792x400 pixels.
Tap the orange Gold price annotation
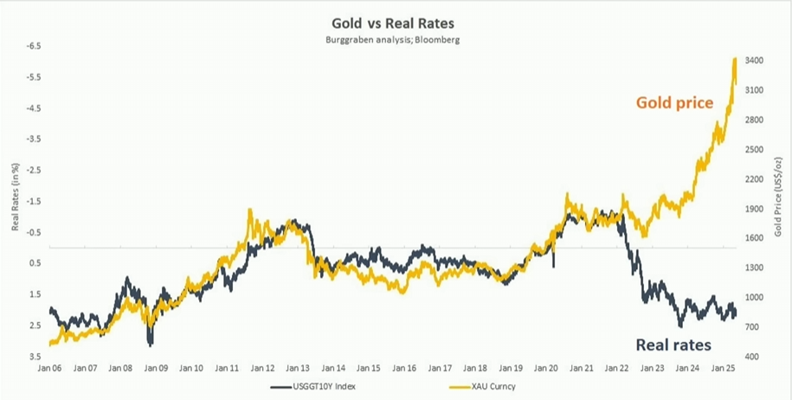tap(674, 103)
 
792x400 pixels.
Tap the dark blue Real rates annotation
tap(673, 345)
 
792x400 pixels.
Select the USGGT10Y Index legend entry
tap(319, 385)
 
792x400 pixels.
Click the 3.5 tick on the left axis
tap(33, 356)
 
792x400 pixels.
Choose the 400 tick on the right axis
tap(752, 356)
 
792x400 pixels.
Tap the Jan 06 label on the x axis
tap(49, 368)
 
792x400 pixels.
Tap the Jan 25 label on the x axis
tap(724, 368)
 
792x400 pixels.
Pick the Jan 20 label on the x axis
tap(546, 368)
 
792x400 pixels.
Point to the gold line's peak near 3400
tap(735, 59)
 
